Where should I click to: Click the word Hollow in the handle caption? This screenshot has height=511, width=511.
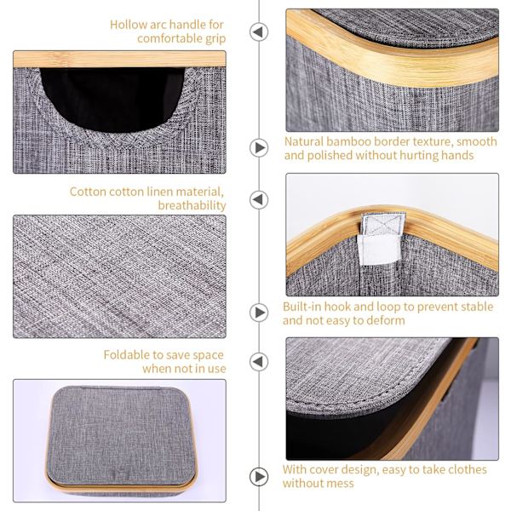coord(129,25)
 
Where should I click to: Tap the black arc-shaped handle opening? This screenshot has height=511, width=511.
coord(112,98)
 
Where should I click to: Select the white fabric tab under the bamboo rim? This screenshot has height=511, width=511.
coord(379,249)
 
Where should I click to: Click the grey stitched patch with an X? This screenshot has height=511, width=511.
coord(383,223)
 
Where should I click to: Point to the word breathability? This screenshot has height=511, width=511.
coord(192,205)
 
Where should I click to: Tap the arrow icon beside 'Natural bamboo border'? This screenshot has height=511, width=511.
coord(259,148)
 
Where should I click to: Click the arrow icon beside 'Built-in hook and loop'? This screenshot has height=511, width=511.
coord(259,313)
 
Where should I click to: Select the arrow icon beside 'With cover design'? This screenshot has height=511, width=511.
coord(259,477)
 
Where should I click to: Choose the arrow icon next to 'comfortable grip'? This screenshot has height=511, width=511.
coord(259,32)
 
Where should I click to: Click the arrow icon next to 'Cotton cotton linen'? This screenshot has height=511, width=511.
coord(259,199)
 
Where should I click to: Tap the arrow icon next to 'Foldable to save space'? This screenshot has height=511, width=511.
coord(259,362)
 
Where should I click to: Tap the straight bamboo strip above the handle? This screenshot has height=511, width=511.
coord(119,59)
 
